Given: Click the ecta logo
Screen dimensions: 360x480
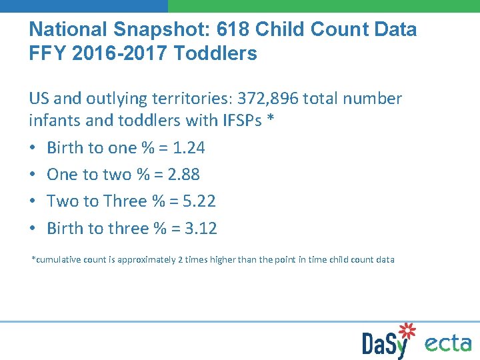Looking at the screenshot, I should [x=448, y=343].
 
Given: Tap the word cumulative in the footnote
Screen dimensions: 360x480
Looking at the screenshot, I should [x=56, y=259].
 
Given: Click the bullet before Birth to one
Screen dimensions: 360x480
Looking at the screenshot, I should [x=33, y=148].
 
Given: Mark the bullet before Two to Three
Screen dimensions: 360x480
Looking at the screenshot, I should [x=33, y=201].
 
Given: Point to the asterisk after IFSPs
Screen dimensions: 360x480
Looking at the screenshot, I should [x=271, y=119].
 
